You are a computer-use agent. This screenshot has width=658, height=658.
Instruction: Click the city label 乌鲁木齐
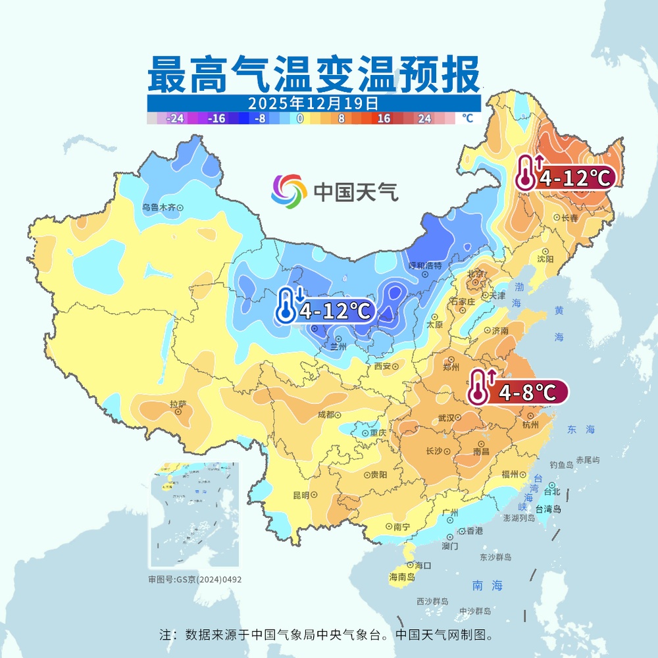point(160,207)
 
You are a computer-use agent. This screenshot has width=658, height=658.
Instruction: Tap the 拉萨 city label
point(178,404)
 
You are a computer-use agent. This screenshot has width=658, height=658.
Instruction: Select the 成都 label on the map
point(326,415)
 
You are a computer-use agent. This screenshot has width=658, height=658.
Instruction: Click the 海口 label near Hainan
point(422,565)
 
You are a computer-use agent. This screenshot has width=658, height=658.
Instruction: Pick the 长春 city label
point(570,218)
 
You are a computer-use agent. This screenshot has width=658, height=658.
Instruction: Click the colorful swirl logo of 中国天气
point(289,191)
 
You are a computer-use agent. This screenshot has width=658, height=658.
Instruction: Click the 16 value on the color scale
point(384,118)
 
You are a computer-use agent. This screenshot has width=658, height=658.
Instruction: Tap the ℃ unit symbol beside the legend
point(467,118)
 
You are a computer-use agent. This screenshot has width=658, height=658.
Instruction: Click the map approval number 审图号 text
point(195,580)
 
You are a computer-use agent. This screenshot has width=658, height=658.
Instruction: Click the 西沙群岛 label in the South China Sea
point(432,601)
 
